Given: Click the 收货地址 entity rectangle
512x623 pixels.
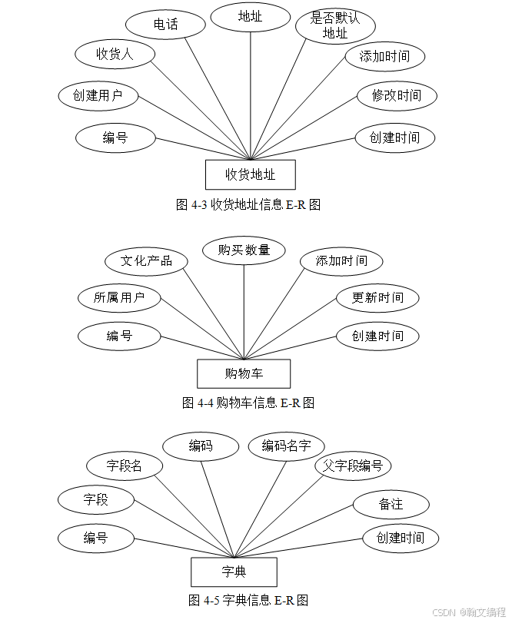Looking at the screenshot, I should [251, 174].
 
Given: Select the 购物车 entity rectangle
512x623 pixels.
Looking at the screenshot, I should [244, 374].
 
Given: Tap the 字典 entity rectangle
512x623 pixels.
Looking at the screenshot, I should [234, 572].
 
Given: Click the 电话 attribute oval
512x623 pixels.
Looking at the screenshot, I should [165, 25].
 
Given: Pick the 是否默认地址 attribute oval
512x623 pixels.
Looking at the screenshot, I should [335, 25].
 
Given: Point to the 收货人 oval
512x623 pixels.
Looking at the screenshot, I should [115, 54].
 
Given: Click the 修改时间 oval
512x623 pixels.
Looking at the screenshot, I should [397, 96].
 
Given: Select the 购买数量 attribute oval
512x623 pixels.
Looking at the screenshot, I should [244, 250].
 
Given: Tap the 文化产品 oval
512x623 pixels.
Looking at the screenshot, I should [146, 260].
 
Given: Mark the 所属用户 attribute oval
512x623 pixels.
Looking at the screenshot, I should [119, 298].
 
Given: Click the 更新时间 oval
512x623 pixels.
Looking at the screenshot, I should [377, 298].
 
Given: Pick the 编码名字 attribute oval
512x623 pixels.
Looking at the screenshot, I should [286, 446].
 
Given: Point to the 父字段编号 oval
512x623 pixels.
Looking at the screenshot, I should [353, 466].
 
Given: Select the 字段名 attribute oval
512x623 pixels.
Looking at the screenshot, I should [124, 466].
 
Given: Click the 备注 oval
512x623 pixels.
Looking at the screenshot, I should [391, 505].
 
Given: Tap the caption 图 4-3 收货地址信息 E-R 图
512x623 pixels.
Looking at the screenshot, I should [248, 205].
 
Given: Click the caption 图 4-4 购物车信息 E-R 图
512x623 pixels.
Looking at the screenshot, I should [248, 403].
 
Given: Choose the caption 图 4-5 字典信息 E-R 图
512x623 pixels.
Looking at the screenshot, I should [248, 600].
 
